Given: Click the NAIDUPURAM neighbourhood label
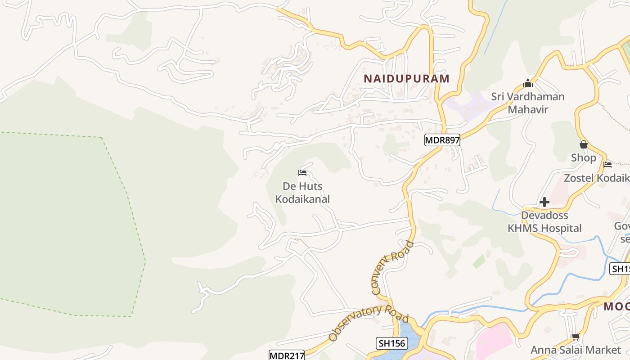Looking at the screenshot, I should [x=406, y=79].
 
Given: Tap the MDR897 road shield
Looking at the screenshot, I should [x=442, y=140].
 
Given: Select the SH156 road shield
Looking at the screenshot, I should [x=391, y=344].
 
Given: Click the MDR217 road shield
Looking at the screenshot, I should [x=287, y=355].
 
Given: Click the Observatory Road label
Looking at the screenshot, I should [x=368, y=323].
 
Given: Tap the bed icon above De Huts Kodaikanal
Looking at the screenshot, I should [x=302, y=173].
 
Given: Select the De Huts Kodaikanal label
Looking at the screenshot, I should [x=302, y=193].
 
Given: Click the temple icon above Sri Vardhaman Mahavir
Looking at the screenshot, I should [x=528, y=83].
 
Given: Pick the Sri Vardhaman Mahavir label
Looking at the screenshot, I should [x=528, y=103].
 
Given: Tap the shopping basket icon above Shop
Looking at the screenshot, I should [x=584, y=144].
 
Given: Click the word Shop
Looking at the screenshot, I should [x=584, y=158].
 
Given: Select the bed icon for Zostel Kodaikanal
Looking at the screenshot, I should [x=607, y=165].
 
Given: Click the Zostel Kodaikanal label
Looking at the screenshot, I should [x=597, y=178].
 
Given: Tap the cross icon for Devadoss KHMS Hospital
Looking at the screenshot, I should [x=544, y=202].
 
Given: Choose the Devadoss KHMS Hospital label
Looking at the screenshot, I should [x=544, y=222].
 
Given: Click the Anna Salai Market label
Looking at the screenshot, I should [x=576, y=350].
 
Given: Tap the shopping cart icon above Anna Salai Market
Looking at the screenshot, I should [x=576, y=337].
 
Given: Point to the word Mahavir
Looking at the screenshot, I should [x=528, y=109].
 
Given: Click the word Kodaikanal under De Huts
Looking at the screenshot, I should [x=302, y=199].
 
